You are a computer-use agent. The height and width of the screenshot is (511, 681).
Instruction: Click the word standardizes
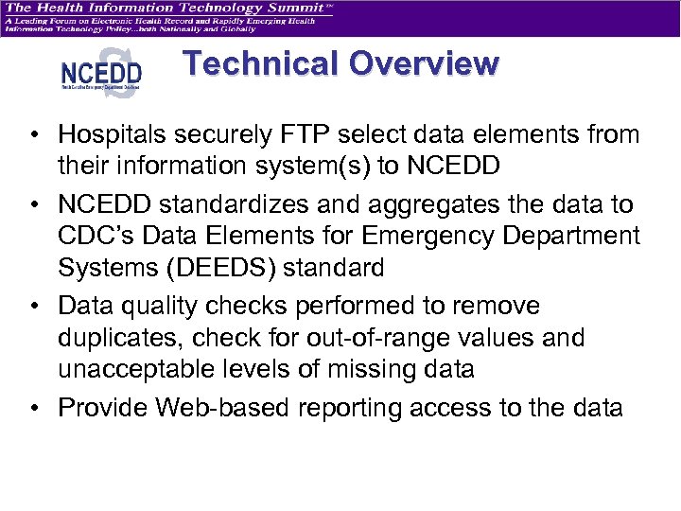point(230,204)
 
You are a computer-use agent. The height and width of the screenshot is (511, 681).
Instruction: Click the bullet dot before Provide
point(40,409)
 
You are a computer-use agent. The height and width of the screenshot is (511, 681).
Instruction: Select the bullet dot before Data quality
point(40,307)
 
